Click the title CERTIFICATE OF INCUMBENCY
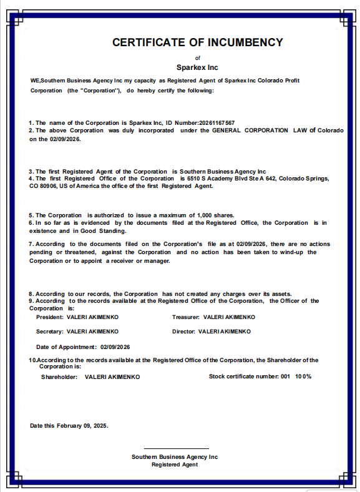[x=197, y=42]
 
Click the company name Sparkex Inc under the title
[x=197, y=67]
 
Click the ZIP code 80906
[x=47, y=186]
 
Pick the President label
[x=49, y=317]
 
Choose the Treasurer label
[x=186, y=317]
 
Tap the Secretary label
[x=50, y=332]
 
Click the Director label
[x=183, y=332]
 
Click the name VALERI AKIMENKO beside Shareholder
[x=112, y=377]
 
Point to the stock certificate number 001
[x=285, y=376]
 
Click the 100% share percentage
[x=303, y=376]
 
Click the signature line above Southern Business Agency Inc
[x=177, y=448]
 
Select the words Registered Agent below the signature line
[x=175, y=465]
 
